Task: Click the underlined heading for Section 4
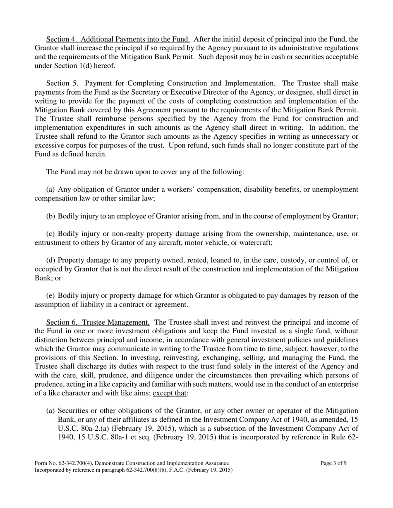[118, 40]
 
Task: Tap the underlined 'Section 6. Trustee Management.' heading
[98, 322]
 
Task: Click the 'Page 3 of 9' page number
[333, 463]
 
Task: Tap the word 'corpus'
[77, 145]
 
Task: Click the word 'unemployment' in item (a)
[335, 190]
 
